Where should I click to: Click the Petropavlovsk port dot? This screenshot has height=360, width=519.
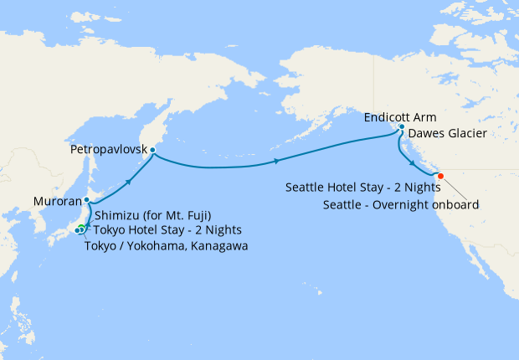(x=152, y=150)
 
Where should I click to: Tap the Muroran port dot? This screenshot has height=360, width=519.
(x=87, y=200)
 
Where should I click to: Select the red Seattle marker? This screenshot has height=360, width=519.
(x=440, y=176)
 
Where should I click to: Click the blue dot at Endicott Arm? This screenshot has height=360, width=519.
(x=402, y=127)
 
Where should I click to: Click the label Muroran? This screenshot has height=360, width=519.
(x=58, y=201)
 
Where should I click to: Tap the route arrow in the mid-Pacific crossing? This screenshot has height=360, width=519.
(x=276, y=161)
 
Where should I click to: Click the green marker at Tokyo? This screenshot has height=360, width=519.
(x=81, y=229)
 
